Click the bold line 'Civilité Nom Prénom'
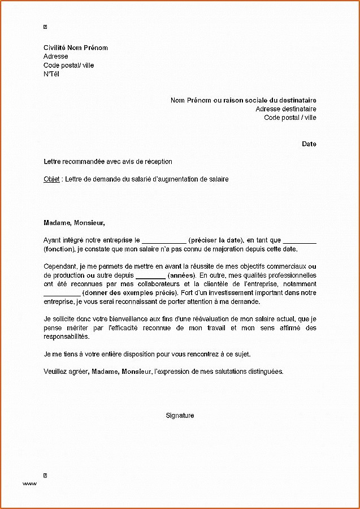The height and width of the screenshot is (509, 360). (75, 48)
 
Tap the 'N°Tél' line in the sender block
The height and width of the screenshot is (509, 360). (51, 74)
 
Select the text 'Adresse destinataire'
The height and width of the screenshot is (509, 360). (285, 109)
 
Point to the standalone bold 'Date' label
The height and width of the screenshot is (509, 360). (309, 144)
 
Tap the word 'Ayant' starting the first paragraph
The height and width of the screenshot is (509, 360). (52, 240)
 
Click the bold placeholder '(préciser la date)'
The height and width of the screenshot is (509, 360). (216, 240)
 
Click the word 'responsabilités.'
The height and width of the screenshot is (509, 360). (66, 336)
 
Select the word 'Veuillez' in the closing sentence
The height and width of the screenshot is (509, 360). (55, 372)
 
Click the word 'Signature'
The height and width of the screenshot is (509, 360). (180, 416)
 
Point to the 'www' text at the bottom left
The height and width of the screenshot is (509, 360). (29, 484)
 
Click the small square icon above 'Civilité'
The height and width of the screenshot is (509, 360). (45, 27)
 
